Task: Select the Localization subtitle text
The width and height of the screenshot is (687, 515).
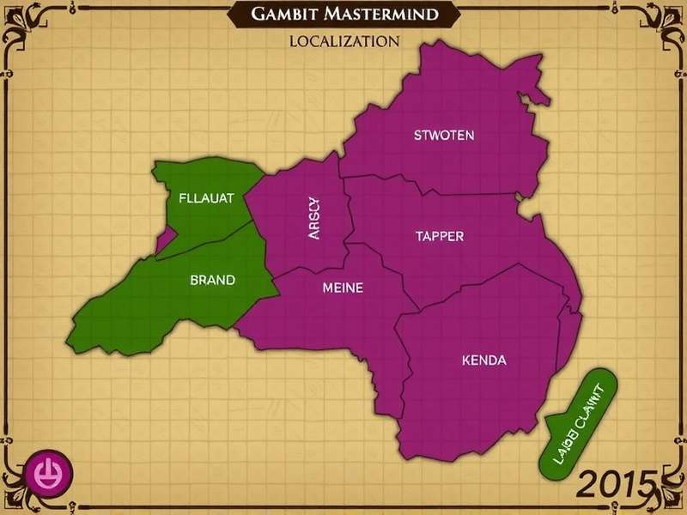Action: pyautogui.click(x=343, y=41)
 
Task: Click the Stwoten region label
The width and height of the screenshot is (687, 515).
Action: pyautogui.click(x=443, y=135)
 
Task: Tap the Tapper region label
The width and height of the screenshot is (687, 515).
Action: pyautogui.click(x=440, y=236)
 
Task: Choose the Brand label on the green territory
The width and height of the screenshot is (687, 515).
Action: pyautogui.click(x=212, y=280)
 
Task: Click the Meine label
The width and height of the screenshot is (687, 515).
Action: pyautogui.click(x=342, y=288)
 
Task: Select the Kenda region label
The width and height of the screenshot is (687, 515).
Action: pyautogui.click(x=483, y=360)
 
